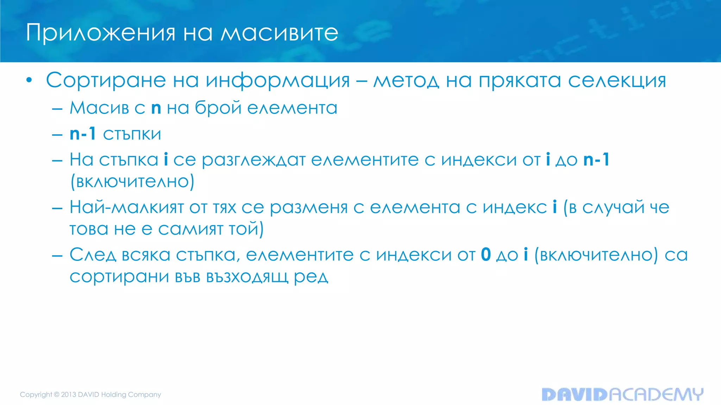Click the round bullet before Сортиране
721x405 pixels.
pos(29,81)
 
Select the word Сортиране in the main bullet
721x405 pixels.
pos(106,81)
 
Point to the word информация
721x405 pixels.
pos(278,81)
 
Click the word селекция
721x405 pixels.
pos(617,81)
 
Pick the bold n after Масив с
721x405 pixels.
pos(156,108)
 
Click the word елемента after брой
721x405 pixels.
pos(292,108)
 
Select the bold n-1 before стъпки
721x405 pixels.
pos(83,134)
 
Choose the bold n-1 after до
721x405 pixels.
pos(596,160)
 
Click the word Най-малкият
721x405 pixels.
pos(127,207)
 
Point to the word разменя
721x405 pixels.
pos(308,208)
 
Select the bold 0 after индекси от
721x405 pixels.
pos(486,255)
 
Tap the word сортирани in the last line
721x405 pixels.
pos(119,277)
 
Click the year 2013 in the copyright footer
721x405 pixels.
pos(69,394)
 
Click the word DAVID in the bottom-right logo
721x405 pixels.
pos(575,394)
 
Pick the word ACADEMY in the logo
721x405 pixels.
pos(656,394)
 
